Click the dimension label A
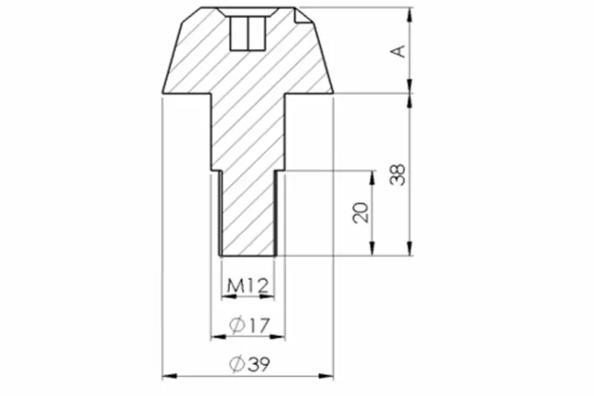tap(398, 51)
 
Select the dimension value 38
tap(398, 174)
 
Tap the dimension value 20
tap(360, 213)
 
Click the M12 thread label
tap(248, 286)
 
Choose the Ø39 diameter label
tap(250, 364)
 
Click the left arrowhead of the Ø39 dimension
tap(169, 376)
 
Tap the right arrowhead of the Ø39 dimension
tap(326, 376)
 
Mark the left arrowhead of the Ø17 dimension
tap(218, 336)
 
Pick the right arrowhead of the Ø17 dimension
tap(277, 336)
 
